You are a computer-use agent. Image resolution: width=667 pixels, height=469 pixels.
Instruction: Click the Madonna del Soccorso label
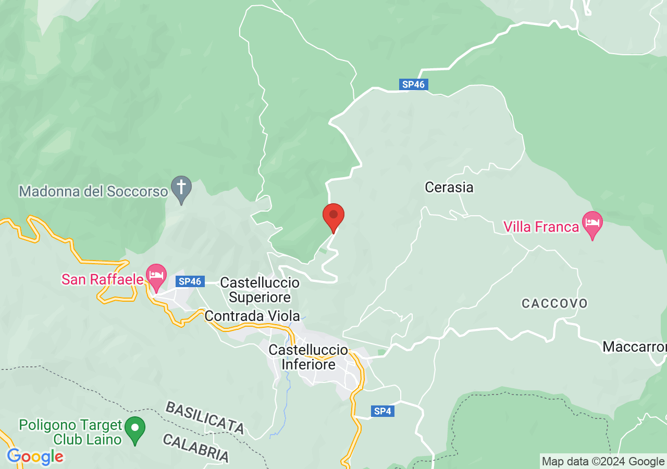tap(93, 191)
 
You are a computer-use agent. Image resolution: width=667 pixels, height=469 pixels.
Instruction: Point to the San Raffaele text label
tap(102, 279)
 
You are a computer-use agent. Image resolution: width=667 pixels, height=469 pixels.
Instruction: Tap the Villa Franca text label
tap(541, 227)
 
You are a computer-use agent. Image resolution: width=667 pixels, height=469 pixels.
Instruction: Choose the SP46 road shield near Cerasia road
tap(414, 84)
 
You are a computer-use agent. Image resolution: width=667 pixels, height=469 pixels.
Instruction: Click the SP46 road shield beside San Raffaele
tap(190, 281)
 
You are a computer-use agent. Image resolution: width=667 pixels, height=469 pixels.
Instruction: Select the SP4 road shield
tap(382, 411)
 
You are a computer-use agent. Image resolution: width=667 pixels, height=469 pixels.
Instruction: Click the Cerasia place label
tap(449, 187)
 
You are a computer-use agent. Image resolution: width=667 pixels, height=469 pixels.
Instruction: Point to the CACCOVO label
tap(554, 303)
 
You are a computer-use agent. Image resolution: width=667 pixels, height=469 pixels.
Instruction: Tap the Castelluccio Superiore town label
tap(260, 290)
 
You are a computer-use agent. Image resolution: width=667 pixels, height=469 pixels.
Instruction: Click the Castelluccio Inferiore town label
tap(308, 357)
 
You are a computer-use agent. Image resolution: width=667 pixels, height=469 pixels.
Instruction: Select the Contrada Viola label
tap(252, 316)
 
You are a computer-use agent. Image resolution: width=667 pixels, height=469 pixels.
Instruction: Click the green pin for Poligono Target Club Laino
tap(135, 429)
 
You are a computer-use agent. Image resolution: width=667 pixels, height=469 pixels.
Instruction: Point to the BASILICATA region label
tap(205, 417)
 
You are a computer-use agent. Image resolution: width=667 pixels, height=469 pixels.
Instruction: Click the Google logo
tap(35, 457)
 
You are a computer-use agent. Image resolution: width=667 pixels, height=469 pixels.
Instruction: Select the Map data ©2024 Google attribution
tap(603, 461)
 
